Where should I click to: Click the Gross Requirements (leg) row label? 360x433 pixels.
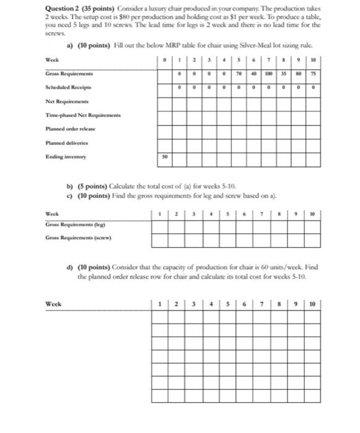[x=72, y=224]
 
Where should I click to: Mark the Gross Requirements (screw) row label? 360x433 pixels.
[x=76, y=237]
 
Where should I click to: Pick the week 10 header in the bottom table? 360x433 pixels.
[x=314, y=304]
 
